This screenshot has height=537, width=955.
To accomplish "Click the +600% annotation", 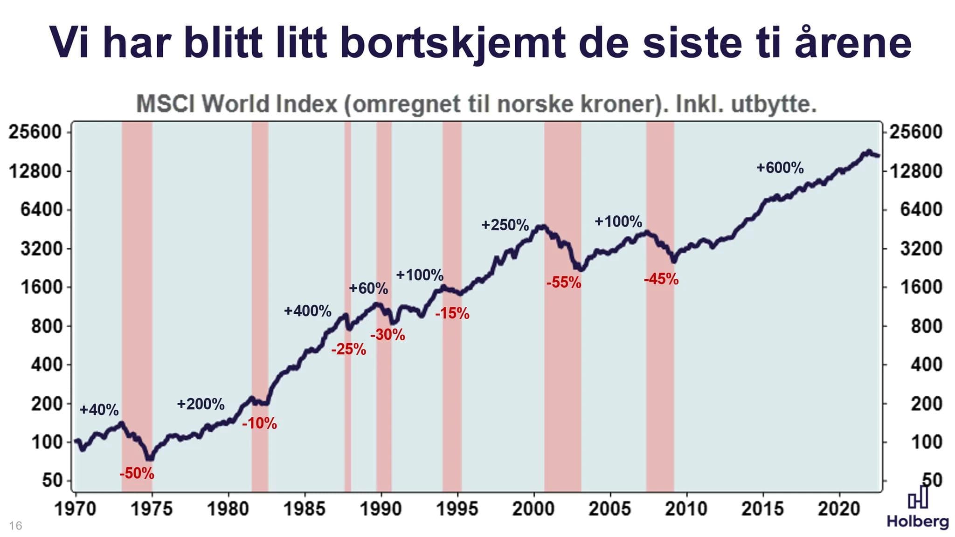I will click(x=780, y=168).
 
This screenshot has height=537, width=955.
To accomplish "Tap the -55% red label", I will click(x=564, y=282).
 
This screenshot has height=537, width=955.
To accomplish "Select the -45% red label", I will click(x=661, y=279).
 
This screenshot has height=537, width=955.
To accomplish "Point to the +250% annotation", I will click(x=505, y=225).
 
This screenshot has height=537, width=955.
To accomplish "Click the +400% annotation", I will click(x=308, y=311).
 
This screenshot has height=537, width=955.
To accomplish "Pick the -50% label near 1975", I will click(x=137, y=474).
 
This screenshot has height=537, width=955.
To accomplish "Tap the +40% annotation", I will click(x=99, y=410).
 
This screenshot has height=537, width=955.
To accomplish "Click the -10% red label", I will click(x=259, y=424).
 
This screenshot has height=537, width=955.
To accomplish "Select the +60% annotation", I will click(x=368, y=289).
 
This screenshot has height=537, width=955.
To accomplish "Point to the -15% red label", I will click(x=452, y=314).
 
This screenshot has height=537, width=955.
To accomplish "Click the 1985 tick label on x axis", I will click(x=304, y=509).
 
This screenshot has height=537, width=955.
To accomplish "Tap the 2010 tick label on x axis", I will click(x=686, y=509).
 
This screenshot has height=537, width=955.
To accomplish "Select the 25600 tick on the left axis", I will click(x=35, y=132).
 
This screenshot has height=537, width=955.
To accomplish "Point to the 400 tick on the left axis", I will click(x=46, y=365).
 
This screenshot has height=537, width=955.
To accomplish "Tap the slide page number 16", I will click(x=15, y=526).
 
